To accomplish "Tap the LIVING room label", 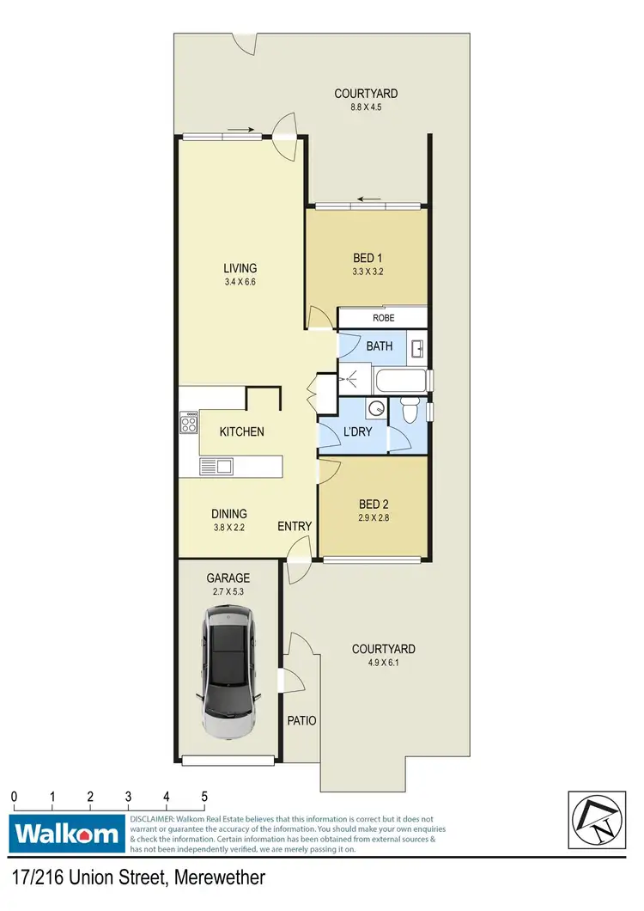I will pos(240,268).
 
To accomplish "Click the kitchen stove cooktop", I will pos(189,422).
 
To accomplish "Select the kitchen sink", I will pos(216,467).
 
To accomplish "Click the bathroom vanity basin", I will pos(417,349).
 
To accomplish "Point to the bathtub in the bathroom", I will pos(399,379).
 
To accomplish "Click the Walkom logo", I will pos(66,833).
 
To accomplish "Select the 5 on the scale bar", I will pos(204,796).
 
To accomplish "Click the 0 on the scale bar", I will pos(15,796).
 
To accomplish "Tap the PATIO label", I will pos(300,721).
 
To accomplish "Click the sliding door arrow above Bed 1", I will pos(370,199).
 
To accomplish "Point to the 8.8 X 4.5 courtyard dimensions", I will pos(367,108).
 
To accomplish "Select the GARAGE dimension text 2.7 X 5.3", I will pos(228,592).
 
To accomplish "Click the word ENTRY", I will pos(295,526).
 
